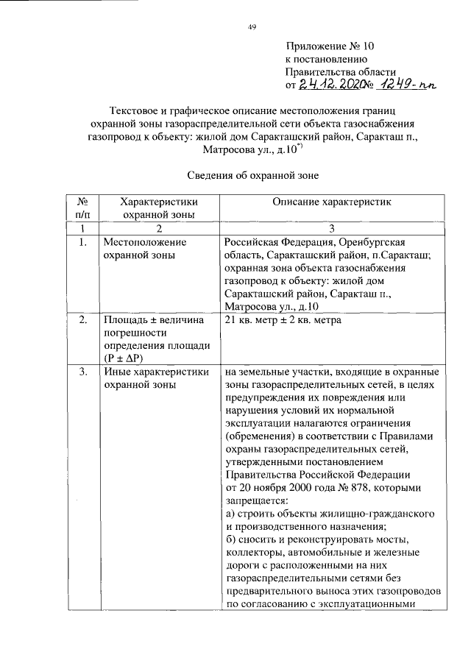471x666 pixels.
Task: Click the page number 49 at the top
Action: coord(251,27)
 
